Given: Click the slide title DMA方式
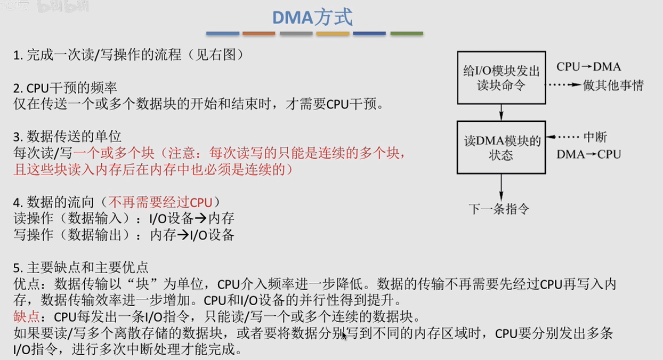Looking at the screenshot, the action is pos(312,17).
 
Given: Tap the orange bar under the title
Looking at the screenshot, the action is pos(259,34).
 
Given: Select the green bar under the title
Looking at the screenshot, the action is pos(407,34).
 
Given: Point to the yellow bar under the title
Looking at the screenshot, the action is pos(333,34).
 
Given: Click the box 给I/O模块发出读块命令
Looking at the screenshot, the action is pos(502,78).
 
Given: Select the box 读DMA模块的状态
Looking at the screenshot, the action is pos(502,147).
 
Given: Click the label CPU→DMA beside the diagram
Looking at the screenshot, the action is pos(588,67).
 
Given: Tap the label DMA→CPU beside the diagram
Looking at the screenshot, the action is pos(588,154).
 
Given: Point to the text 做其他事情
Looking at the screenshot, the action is pos(613,85).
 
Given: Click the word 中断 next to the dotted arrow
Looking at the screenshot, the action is pos(595,137).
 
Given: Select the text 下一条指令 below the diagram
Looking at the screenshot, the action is pos(499,209).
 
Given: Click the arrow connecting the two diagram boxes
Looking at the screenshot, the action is pos(501,112).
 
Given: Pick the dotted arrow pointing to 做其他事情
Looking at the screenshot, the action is pos(564,85).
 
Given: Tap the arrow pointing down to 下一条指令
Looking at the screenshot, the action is pos(501,187).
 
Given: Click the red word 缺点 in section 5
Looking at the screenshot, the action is pos(26,316).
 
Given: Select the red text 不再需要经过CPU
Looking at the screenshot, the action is pos(160,202).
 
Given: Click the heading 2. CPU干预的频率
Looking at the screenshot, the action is pos(65,88).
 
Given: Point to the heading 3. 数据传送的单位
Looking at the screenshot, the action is pos(67,136).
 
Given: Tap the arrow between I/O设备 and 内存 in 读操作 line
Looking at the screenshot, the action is pos(201,218).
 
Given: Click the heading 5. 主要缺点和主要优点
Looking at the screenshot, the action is pos(81,268).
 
